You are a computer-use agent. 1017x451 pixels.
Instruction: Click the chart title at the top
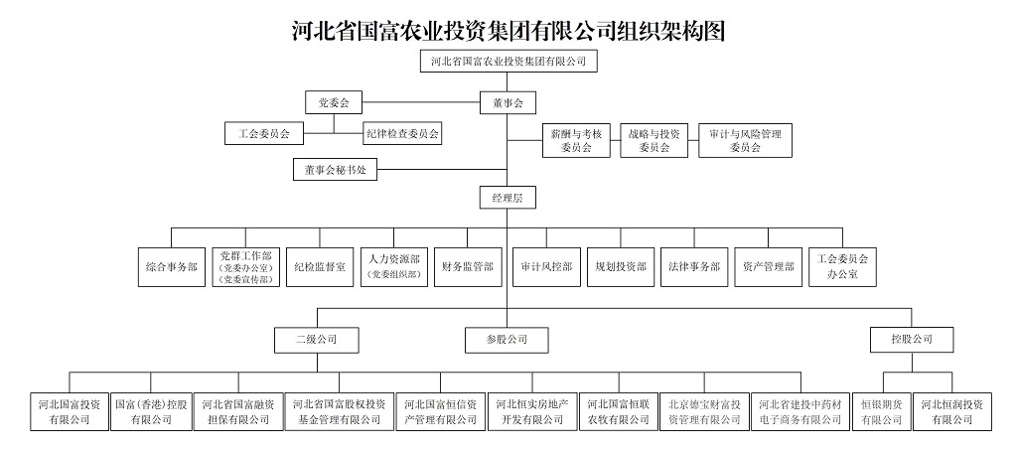(508, 30)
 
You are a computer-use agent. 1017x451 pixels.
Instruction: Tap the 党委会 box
(334, 102)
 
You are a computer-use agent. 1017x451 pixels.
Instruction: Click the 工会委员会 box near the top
(263, 132)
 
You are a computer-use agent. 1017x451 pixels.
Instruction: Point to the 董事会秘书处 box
(336, 170)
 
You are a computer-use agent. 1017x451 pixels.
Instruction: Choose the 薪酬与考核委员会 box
(576, 140)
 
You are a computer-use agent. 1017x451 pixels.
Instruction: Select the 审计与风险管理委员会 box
(745, 140)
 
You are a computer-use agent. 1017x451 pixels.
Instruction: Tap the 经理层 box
(508, 198)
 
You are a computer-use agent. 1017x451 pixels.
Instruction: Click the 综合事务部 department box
(171, 266)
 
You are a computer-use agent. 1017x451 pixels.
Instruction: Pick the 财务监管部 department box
(468, 266)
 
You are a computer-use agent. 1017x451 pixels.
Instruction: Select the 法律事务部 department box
(695, 266)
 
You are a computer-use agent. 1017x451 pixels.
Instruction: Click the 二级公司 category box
(316, 340)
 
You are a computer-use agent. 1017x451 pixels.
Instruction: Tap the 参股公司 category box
(508, 340)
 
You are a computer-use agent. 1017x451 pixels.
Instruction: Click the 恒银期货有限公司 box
(881, 411)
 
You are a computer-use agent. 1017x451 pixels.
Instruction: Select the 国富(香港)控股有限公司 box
(151, 411)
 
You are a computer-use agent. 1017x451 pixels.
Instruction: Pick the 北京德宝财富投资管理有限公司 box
(703, 411)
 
